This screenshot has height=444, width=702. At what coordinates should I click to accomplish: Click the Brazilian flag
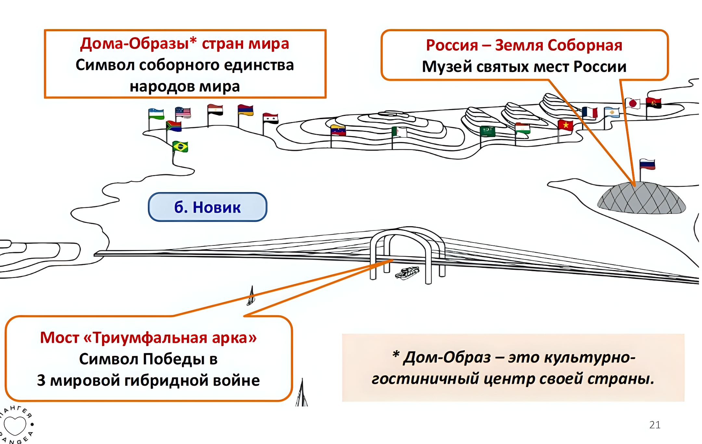(180, 146)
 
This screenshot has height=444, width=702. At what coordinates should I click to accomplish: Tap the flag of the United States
(183, 112)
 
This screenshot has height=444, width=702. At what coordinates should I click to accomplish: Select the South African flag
(174, 126)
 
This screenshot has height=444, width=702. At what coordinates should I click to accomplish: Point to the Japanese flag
(632, 104)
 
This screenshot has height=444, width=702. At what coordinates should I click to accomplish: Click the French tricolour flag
(590, 112)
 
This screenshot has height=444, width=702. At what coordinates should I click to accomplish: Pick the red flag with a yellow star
(565, 125)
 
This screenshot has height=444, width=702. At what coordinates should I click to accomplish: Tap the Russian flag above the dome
(647, 164)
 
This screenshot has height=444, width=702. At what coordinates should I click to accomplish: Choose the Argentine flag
(612, 112)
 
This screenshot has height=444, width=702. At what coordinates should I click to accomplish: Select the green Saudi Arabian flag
(487, 131)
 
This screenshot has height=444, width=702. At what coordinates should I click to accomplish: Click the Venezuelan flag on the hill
(338, 130)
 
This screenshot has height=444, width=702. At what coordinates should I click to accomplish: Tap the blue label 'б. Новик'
(207, 207)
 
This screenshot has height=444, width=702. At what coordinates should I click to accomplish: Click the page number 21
(655, 425)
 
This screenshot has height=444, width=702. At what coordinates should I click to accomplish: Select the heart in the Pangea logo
(15, 425)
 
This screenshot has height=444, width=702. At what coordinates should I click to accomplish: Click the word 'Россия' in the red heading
(452, 45)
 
